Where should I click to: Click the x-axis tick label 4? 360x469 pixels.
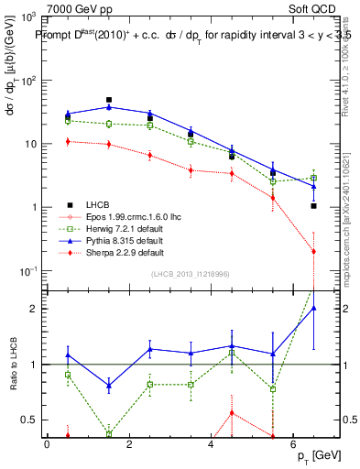[x=211, y=445]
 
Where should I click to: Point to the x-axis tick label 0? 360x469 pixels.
[x=47, y=445]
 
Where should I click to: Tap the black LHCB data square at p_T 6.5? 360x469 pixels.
[x=313, y=206]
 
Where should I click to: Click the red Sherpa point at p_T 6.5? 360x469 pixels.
[x=313, y=251]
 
